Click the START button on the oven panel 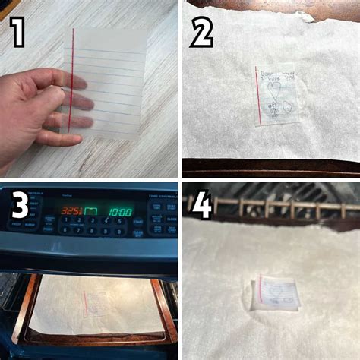tap(137, 223)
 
